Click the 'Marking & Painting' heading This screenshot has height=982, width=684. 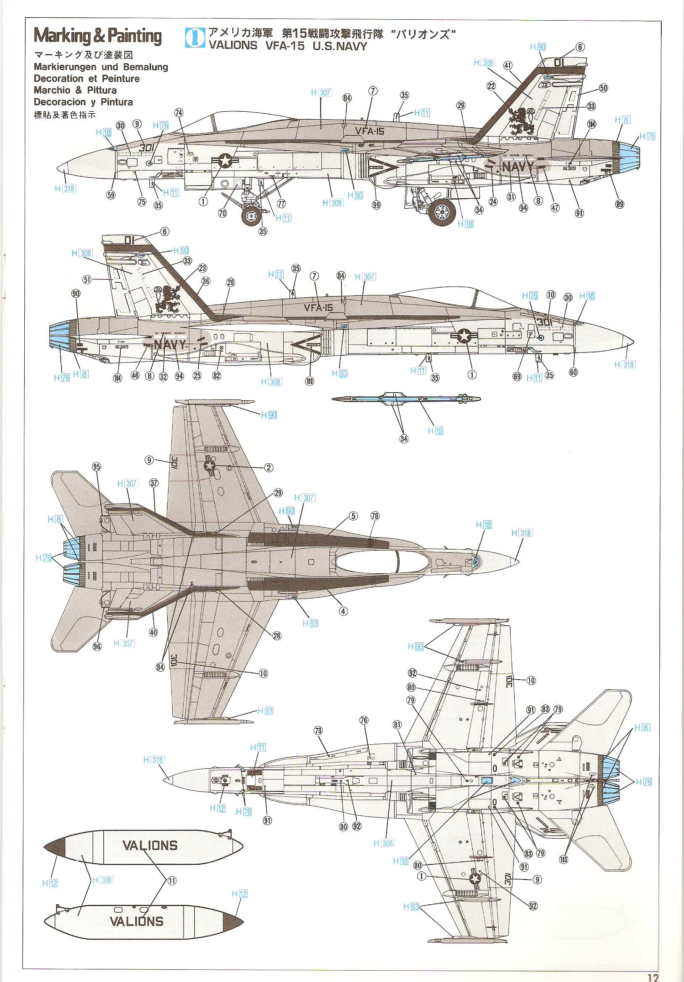tap(97, 36)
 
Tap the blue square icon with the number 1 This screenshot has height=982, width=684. tap(195, 38)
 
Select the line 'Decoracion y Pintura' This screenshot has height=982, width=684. tap(84, 102)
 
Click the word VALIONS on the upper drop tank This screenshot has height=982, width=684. tap(150, 845)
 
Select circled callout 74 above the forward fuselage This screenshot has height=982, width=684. tap(179, 113)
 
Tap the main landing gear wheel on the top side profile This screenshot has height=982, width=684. tap(442, 212)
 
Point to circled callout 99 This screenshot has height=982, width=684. tap(376, 205)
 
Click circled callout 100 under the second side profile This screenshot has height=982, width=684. tap(309, 381)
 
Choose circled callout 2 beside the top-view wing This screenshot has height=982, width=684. tap(268, 467)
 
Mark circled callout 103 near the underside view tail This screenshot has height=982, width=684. tap(563, 859)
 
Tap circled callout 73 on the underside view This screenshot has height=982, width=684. tap(318, 730)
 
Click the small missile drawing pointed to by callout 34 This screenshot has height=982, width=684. tap(405, 399)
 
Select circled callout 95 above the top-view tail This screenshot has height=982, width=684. tap(97, 467)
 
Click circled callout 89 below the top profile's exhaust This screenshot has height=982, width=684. tap(619, 204)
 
